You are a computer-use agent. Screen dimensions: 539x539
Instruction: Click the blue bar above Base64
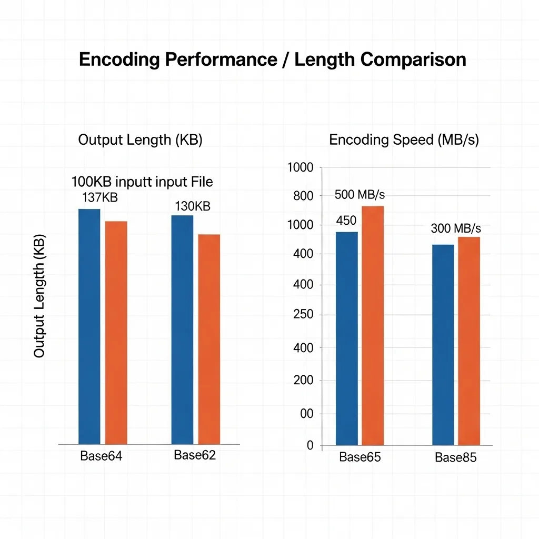point(89,326)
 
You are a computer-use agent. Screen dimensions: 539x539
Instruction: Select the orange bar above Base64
point(116,332)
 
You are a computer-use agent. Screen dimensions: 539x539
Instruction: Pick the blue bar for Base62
point(182,330)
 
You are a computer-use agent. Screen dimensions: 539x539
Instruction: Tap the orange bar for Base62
point(209,339)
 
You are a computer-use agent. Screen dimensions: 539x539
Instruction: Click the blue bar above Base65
point(347,338)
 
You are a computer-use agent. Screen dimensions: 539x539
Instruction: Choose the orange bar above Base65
point(373,325)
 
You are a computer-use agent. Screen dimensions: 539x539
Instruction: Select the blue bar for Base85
point(443,344)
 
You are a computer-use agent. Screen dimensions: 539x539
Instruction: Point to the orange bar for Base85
point(468,341)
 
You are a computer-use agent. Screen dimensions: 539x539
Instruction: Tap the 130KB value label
point(193,206)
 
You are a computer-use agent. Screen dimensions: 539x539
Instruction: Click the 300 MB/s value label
point(456,228)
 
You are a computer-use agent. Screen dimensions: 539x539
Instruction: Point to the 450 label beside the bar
point(346,221)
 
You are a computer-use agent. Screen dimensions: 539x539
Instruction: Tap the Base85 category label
point(455,458)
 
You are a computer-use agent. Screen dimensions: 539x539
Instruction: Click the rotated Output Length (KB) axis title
point(39,296)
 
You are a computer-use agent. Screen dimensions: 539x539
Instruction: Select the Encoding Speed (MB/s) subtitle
point(404,140)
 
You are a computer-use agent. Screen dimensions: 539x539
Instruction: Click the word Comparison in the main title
point(406,59)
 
